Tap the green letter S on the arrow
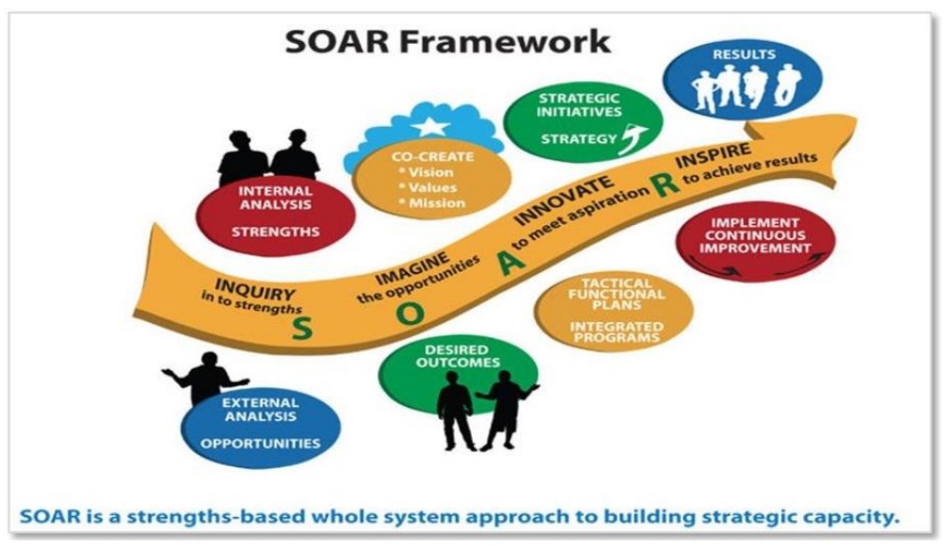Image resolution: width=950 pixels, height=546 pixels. click(x=303, y=329)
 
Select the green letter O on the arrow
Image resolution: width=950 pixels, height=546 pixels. click(x=410, y=315)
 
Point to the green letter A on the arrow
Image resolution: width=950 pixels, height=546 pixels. click(x=511, y=261)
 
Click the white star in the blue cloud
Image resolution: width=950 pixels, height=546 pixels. click(x=431, y=126)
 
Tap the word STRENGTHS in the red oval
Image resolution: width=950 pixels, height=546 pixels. click(x=276, y=231)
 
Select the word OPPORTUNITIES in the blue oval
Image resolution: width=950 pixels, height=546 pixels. click(x=261, y=443)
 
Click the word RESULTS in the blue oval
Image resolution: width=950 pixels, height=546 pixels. click(x=744, y=54)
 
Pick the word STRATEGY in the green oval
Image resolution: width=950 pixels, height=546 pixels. click(x=578, y=139)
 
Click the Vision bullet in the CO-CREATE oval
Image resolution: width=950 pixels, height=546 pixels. click(x=427, y=172)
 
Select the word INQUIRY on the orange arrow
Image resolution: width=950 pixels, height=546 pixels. click(x=254, y=289)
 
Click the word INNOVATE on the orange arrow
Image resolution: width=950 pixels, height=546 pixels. click(x=564, y=200)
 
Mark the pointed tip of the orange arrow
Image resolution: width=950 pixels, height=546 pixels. click(x=856, y=119)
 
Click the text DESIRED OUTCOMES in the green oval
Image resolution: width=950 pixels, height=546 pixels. click(x=458, y=356)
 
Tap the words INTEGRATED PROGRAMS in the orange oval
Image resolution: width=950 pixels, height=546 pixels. click(x=617, y=331)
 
